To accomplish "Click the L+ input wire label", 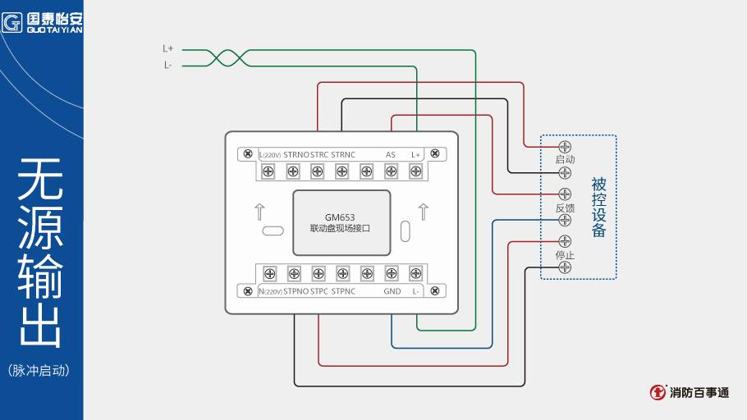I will pyautogui.click(x=167, y=48).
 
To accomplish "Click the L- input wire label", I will pyautogui.click(x=167, y=65).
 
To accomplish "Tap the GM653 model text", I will pyautogui.click(x=339, y=217).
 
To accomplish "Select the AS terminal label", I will pyautogui.click(x=391, y=154).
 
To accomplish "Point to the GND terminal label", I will pyautogui.click(x=392, y=291).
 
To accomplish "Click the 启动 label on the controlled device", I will pyautogui.click(x=565, y=159).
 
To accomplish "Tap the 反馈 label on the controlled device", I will pyautogui.click(x=565, y=208).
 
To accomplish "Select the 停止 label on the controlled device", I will pyautogui.click(x=565, y=255).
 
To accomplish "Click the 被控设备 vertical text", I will pyautogui.click(x=599, y=208).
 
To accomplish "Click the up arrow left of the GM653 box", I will pyautogui.click(x=259, y=212).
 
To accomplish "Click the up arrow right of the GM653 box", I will pyautogui.click(x=424, y=212).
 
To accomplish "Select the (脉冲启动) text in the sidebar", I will pyautogui.click(x=39, y=370).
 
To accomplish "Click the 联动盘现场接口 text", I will pyautogui.click(x=339, y=229).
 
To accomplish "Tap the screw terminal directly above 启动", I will pyautogui.click(x=565, y=146).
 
